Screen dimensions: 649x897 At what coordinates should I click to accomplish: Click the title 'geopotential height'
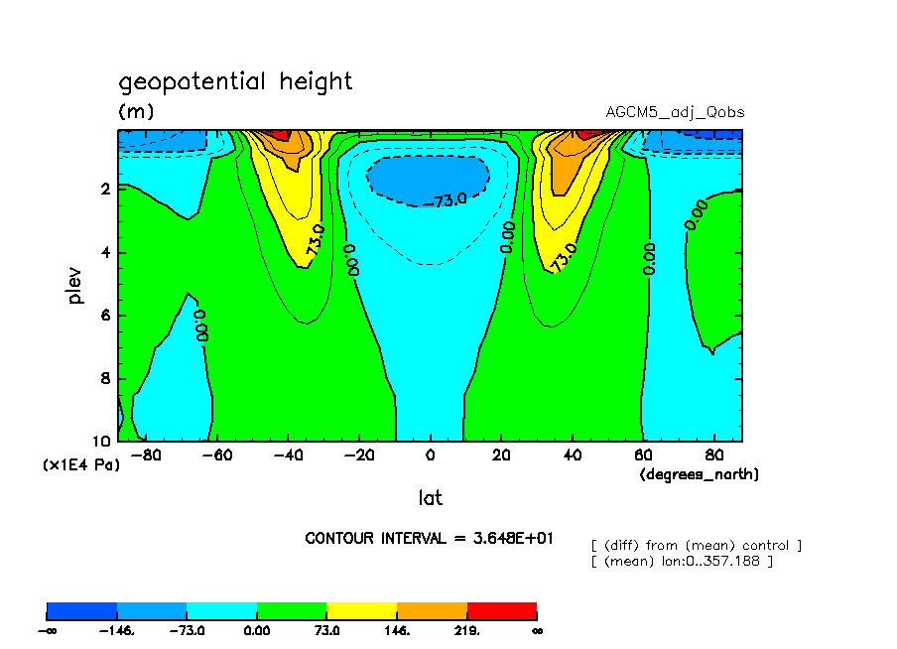point(235,81)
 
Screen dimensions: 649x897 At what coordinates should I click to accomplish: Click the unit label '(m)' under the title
point(136,111)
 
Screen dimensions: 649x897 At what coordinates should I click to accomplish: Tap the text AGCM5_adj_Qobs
point(675,112)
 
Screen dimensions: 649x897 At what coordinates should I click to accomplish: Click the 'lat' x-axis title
point(430,498)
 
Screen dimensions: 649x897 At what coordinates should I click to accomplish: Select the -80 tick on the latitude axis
point(146,455)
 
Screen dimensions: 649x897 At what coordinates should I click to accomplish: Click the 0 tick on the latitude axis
point(430,455)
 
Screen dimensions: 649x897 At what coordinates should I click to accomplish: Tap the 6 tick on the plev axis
point(106,316)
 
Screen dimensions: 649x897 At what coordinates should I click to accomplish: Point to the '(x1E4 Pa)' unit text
point(81,464)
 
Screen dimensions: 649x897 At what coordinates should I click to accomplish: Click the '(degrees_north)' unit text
point(699,474)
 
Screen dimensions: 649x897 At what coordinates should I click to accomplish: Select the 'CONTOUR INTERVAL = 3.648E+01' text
point(429,538)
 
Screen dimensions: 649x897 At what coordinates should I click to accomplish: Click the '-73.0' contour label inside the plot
point(448,200)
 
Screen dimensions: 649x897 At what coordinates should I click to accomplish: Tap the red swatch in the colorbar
point(501,610)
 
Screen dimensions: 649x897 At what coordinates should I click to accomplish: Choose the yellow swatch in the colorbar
point(361,610)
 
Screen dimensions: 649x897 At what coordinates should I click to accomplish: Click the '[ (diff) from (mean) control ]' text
point(696,545)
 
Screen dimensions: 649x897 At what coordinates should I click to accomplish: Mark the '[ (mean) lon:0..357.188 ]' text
point(682,562)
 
